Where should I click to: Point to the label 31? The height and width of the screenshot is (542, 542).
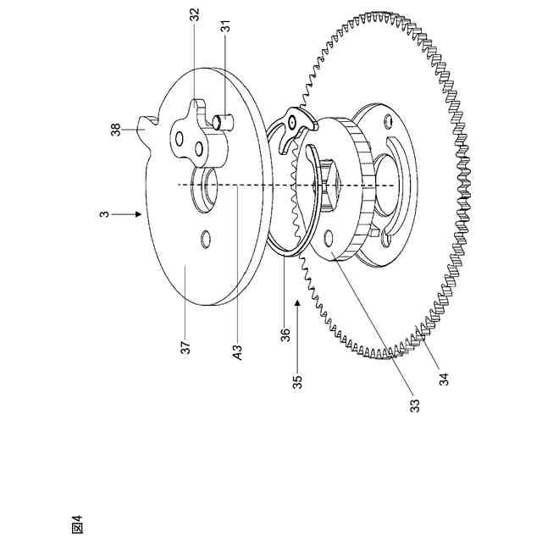coord(226,27)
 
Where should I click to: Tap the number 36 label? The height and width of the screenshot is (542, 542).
coord(285,335)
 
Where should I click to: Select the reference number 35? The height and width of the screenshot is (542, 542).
coord(297,379)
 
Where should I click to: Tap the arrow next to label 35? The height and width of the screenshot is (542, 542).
coord(298,309)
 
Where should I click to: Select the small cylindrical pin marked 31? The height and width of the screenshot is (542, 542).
coord(224,121)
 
